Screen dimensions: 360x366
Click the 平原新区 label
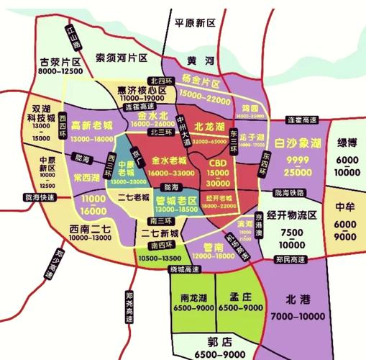tap(196, 23)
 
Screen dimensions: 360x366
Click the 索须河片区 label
tap(122, 57)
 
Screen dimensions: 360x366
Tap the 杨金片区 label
tap(200, 82)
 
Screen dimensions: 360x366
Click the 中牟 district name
tap(347, 207)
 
